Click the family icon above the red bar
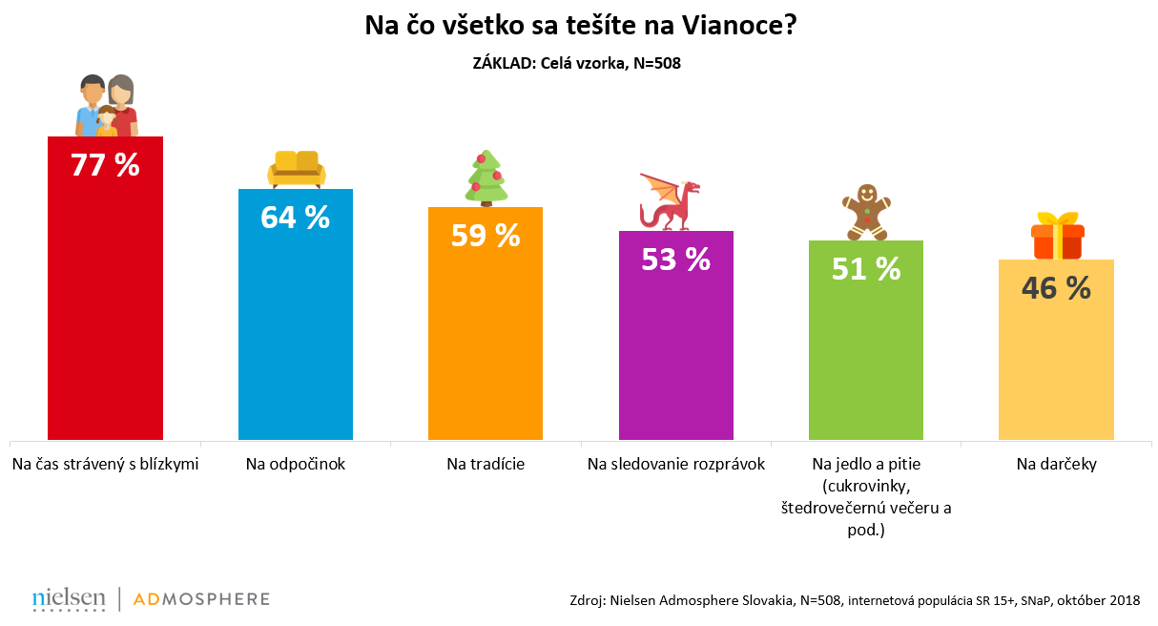coord(106,105)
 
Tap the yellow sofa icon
coord(296,169)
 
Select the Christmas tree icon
coord(486,177)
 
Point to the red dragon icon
coord(671,201)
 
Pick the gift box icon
coord(1057,236)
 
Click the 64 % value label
coord(295,218)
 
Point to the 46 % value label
coord(1056,288)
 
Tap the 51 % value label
coord(866,269)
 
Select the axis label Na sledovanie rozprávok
coord(676,465)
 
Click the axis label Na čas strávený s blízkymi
coord(105,465)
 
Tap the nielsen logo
coord(69,598)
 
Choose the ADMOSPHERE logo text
coord(201,599)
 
